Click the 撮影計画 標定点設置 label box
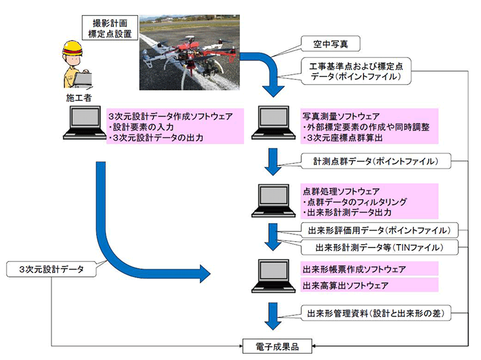108,27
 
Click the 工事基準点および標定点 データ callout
351,71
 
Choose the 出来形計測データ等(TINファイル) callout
380,248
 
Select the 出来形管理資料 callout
376,314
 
